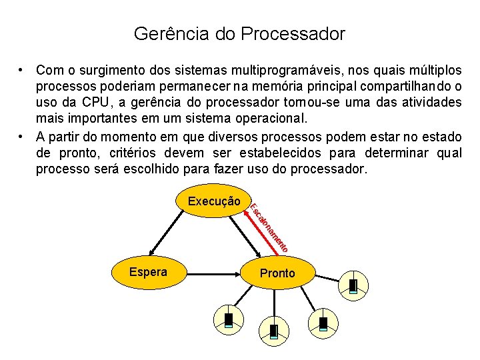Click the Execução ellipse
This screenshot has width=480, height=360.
click(213, 200)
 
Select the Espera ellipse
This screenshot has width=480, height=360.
click(148, 272)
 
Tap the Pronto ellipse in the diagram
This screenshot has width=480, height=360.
click(277, 273)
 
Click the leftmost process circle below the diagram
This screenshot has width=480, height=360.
click(229, 320)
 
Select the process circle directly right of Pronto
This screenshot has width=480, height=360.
click(353, 285)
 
